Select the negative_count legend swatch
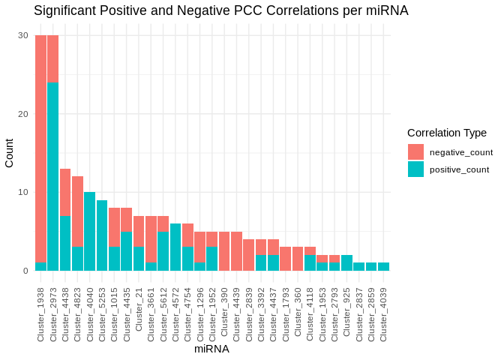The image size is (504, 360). tap(415, 152)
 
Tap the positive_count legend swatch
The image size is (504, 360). tap(415, 169)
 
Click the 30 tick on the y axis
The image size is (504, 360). tap(23, 35)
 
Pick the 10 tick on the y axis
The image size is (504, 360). tap(23, 192)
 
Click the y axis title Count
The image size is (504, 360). tap(9, 153)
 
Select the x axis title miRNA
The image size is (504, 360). tap(211, 349)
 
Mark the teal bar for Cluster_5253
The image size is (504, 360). tap(102, 235)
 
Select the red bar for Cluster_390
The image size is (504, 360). tap(224, 250)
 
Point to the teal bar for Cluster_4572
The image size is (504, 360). tap(175, 247)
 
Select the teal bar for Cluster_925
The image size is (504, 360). tap(346, 262)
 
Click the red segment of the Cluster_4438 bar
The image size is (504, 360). tap(65, 192)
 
